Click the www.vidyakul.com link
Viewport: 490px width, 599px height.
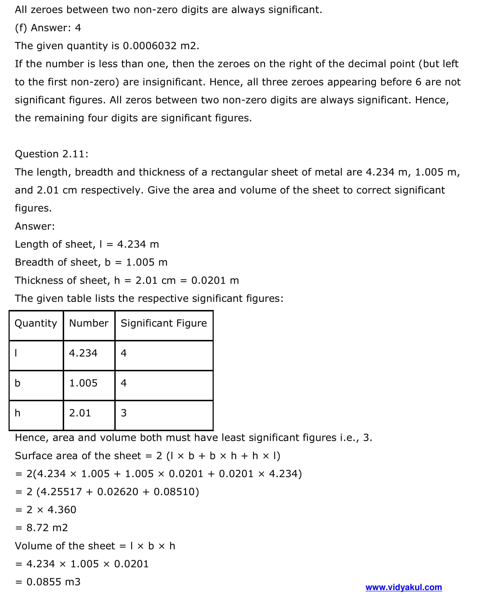(403, 587)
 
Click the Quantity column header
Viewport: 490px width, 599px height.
(36, 323)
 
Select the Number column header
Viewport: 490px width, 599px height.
(89, 323)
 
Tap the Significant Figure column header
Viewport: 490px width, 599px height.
(164, 323)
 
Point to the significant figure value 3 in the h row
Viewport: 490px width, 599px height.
(124, 413)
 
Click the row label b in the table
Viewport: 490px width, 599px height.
(17, 383)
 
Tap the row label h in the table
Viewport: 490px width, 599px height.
(17, 413)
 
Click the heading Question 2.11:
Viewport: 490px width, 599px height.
(52, 154)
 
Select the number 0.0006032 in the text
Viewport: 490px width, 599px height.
(150, 46)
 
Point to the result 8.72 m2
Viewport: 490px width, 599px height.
(47, 528)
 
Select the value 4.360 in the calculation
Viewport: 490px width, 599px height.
(62, 510)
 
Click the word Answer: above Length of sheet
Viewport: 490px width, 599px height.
(35, 226)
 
